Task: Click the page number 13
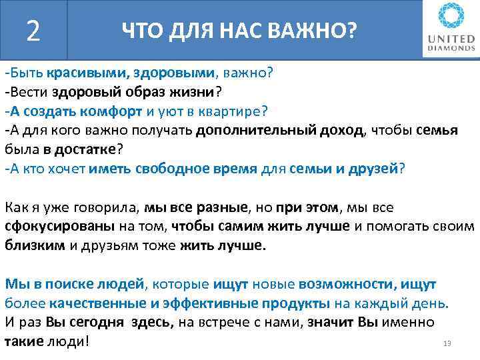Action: pyautogui.click(x=447, y=344)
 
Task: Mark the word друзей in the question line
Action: pyautogui.click(x=373, y=168)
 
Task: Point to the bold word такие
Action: pyautogui.click(x=23, y=341)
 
